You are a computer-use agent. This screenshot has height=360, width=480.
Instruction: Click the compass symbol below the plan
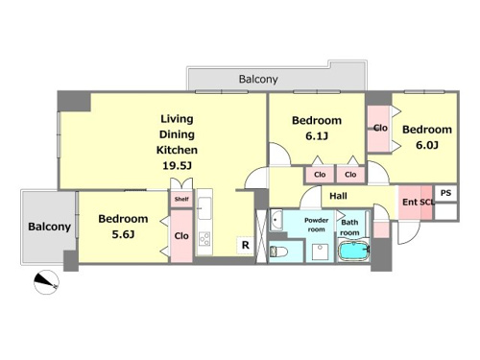[46, 282]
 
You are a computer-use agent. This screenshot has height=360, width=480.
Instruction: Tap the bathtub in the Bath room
[354, 251]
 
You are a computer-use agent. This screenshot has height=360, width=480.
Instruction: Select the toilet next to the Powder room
[278, 252]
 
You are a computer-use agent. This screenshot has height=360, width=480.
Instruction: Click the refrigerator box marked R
[245, 245]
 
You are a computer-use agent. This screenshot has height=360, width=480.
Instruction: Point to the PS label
[445, 193]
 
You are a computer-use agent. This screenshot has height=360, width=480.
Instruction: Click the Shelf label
[181, 199]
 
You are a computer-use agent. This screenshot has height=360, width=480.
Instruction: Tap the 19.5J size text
[177, 166]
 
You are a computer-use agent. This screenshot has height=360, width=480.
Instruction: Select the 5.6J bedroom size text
[123, 234]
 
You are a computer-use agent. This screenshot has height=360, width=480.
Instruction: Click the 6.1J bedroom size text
[317, 136]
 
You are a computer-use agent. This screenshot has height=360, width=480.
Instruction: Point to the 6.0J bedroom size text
[427, 145]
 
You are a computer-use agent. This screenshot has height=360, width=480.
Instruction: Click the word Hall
[338, 196]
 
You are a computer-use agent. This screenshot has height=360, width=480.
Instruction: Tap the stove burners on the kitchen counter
[204, 239]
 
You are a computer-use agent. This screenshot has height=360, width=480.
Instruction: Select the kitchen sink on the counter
[204, 208]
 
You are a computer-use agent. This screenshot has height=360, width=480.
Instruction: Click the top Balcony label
[258, 79]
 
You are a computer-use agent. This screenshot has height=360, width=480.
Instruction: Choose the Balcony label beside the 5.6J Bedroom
[49, 227]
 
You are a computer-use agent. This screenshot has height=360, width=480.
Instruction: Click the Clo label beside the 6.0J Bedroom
[380, 128]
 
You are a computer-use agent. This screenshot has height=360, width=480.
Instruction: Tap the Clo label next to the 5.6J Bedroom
[181, 236]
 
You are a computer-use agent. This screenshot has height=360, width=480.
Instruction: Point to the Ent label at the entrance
[410, 203]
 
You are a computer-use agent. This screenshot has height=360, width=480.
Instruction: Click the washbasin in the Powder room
[276, 220]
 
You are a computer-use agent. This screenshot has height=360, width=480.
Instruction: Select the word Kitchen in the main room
[177, 150]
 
